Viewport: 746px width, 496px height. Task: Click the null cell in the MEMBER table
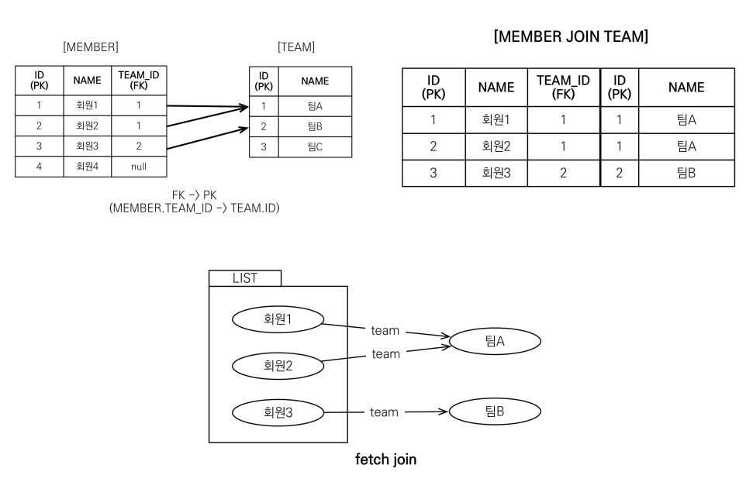tap(138, 166)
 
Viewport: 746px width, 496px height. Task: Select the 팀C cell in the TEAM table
tap(314, 147)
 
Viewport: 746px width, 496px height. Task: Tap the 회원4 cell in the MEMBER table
tap(87, 166)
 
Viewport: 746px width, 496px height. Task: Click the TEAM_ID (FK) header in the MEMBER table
tap(138, 80)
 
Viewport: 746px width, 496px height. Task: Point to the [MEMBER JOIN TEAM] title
tap(571, 36)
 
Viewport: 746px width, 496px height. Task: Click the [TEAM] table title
tap(296, 47)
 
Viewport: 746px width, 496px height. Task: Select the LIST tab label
tap(245, 278)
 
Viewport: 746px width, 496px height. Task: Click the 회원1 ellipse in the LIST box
tap(278, 318)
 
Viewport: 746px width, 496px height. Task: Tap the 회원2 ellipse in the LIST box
tap(278, 364)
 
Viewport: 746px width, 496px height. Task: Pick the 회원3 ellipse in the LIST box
tap(278, 412)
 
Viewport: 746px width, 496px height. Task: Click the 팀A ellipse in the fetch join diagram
tap(495, 340)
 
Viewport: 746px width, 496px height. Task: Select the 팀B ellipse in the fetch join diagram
tap(495, 412)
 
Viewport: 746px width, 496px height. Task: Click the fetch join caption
tap(385, 460)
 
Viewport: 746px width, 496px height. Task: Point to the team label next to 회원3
tap(384, 412)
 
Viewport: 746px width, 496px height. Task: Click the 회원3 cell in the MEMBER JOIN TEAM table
tap(496, 173)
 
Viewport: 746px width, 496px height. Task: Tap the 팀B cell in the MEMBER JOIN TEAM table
tap(686, 173)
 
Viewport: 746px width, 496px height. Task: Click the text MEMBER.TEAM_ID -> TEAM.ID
tap(194, 208)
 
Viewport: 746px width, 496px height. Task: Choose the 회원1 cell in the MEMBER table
tap(87, 105)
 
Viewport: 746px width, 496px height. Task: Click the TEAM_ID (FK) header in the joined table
tap(564, 87)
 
